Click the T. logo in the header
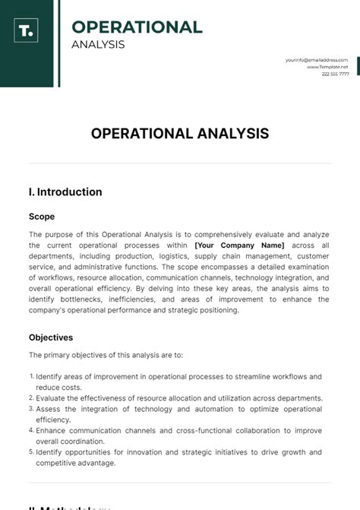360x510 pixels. pyautogui.click(x=26, y=32)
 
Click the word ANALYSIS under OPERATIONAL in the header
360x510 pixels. pyautogui.click(x=97, y=44)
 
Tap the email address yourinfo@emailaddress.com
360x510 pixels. pyautogui.click(x=317, y=59)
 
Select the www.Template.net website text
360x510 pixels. pyautogui.click(x=327, y=67)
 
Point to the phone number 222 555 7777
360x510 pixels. pyautogui.click(x=335, y=74)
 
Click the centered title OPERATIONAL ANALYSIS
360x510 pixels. pyautogui.click(x=180, y=134)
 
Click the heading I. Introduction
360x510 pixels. pyautogui.click(x=65, y=192)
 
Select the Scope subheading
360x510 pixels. pyautogui.click(x=42, y=217)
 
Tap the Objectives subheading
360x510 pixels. pyautogui.click(x=51, y=337)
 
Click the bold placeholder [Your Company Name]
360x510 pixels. pyautogui.click(x=239, y=245)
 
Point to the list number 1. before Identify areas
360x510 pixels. pyautogui.click(x=32, y=376)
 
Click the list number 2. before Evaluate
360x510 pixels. pyautogui.click(x=32, y=398)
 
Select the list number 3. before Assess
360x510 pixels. pyautogui.click(x=32, y=408)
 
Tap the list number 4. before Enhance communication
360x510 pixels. pyautogui.click(x=32, y=430)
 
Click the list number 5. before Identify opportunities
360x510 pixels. pyautogui.click(x=32, y=451)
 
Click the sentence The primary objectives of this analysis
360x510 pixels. pyautogui.click(x=106, y=355)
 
